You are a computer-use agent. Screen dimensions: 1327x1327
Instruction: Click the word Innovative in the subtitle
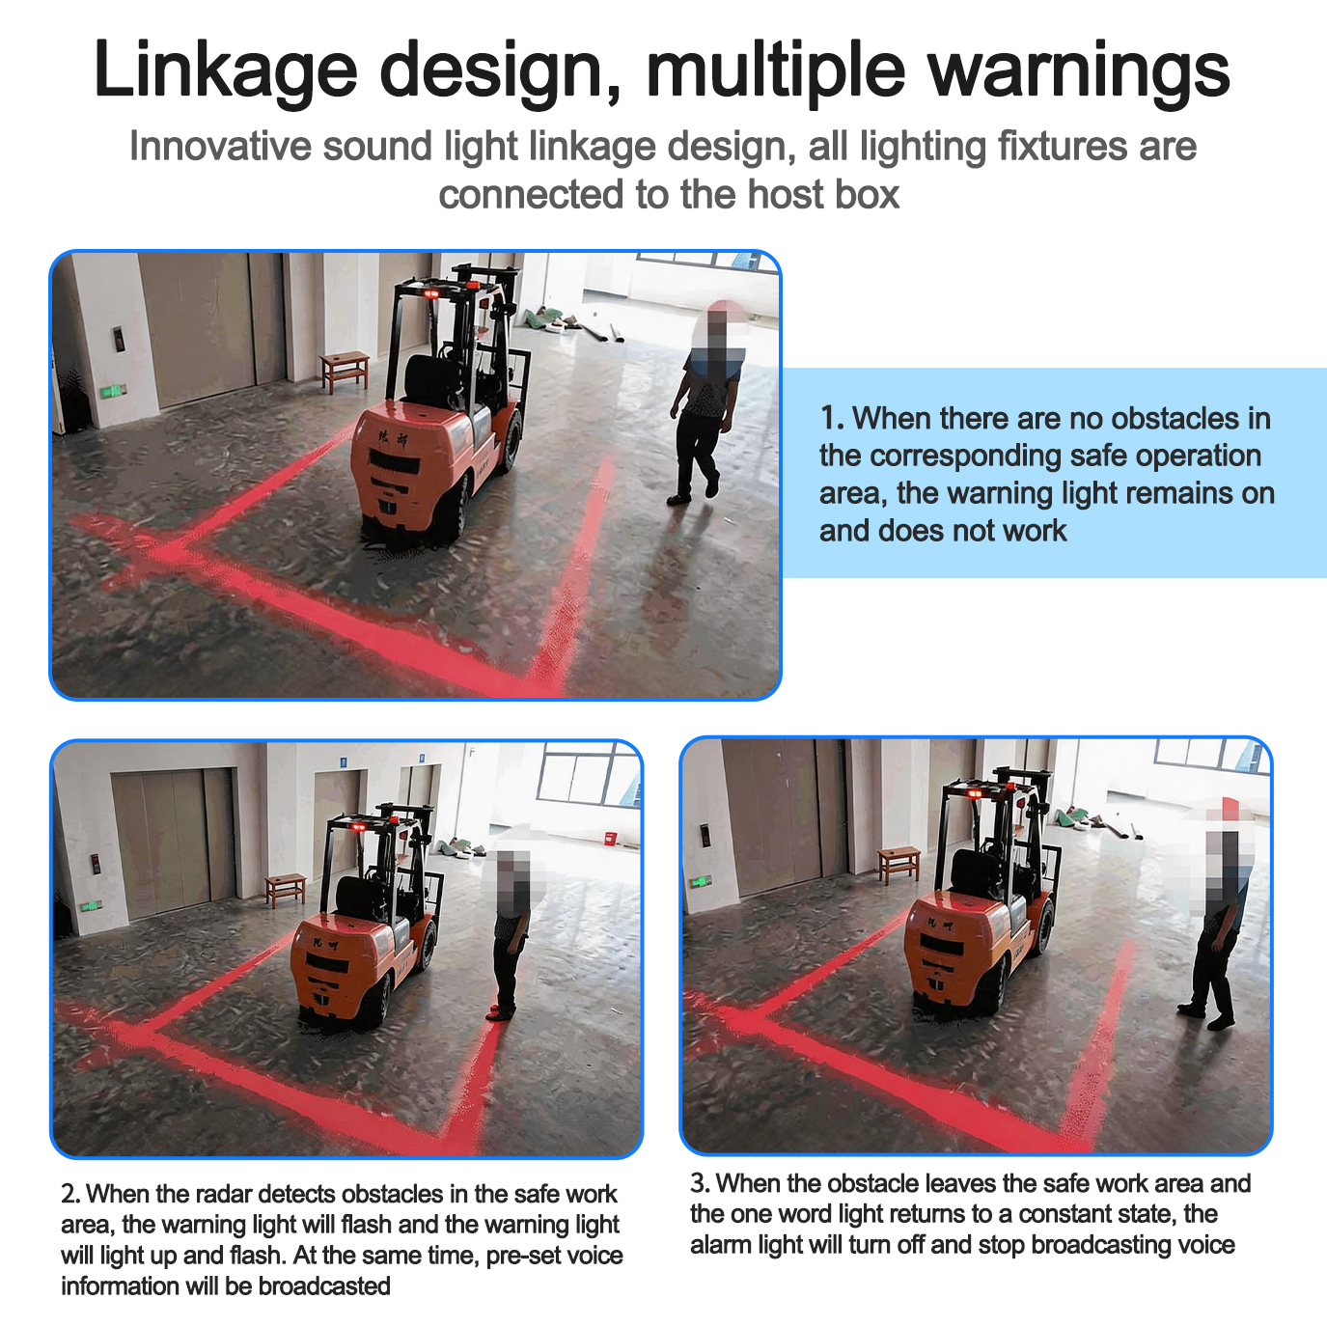[220, 146]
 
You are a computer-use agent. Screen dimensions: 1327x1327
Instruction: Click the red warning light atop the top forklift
[431, 293]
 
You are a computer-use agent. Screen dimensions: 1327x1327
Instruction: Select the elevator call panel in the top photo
[119, 339]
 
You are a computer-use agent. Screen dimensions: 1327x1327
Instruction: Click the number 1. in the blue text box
[832, 419]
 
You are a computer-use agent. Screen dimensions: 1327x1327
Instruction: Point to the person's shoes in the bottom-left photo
[501, 1012]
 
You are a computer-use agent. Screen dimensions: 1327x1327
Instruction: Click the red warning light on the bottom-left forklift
[356, 827]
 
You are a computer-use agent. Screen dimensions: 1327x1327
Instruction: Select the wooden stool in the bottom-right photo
[898, 865]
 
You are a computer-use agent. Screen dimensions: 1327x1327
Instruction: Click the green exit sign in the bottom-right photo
[701, 881]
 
